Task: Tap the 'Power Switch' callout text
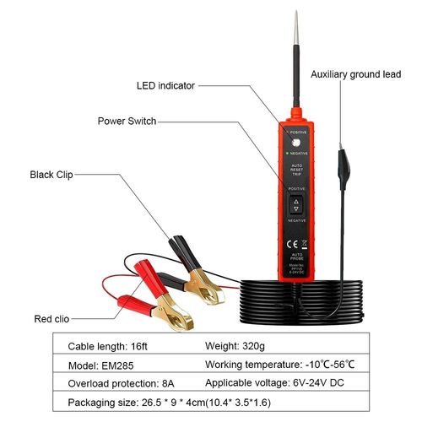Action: tap(127, 121)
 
